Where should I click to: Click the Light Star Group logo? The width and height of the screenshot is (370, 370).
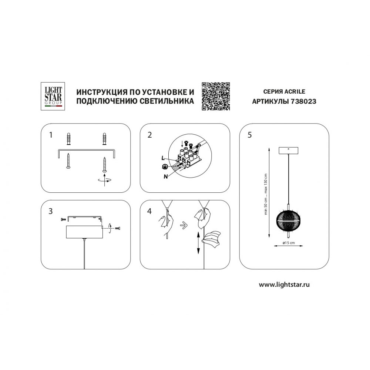53,96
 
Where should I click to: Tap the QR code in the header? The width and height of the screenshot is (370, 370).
216,96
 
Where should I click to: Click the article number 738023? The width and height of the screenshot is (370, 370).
303,101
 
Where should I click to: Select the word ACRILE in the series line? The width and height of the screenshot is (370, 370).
295,91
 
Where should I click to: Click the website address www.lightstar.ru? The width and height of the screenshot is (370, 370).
284,285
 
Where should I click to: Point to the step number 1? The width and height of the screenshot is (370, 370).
50,135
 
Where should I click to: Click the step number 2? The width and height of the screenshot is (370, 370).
149,135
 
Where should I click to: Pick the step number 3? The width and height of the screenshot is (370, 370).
50,211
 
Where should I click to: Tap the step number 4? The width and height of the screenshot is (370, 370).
149,211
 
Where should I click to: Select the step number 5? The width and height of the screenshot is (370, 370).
250,135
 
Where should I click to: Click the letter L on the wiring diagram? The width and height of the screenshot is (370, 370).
162,158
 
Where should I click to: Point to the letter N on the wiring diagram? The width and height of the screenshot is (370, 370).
166,176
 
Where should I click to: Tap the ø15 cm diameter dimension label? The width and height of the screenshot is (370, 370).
288,243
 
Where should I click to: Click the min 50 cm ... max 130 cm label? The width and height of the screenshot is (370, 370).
266,194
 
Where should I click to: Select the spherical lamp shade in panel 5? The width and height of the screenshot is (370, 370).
288,220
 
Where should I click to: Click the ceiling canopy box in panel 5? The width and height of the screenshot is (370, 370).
288,151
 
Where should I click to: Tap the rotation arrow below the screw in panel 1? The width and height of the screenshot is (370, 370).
104,181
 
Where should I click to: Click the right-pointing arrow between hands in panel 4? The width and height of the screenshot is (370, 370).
184,225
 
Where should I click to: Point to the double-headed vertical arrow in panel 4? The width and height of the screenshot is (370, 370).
198,243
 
